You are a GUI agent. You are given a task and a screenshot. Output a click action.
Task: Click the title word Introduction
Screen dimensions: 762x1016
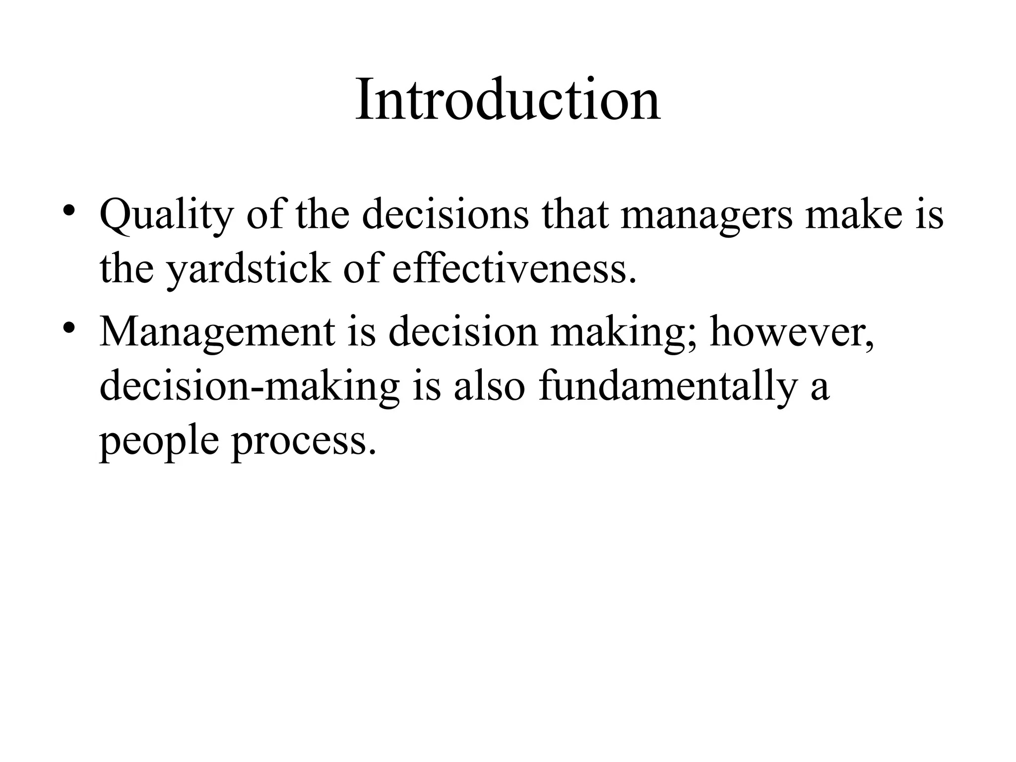[508, 100]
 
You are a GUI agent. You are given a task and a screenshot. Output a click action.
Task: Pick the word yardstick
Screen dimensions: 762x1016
[248, 270]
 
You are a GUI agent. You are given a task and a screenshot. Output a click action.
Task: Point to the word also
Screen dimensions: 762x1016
[489, 385]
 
